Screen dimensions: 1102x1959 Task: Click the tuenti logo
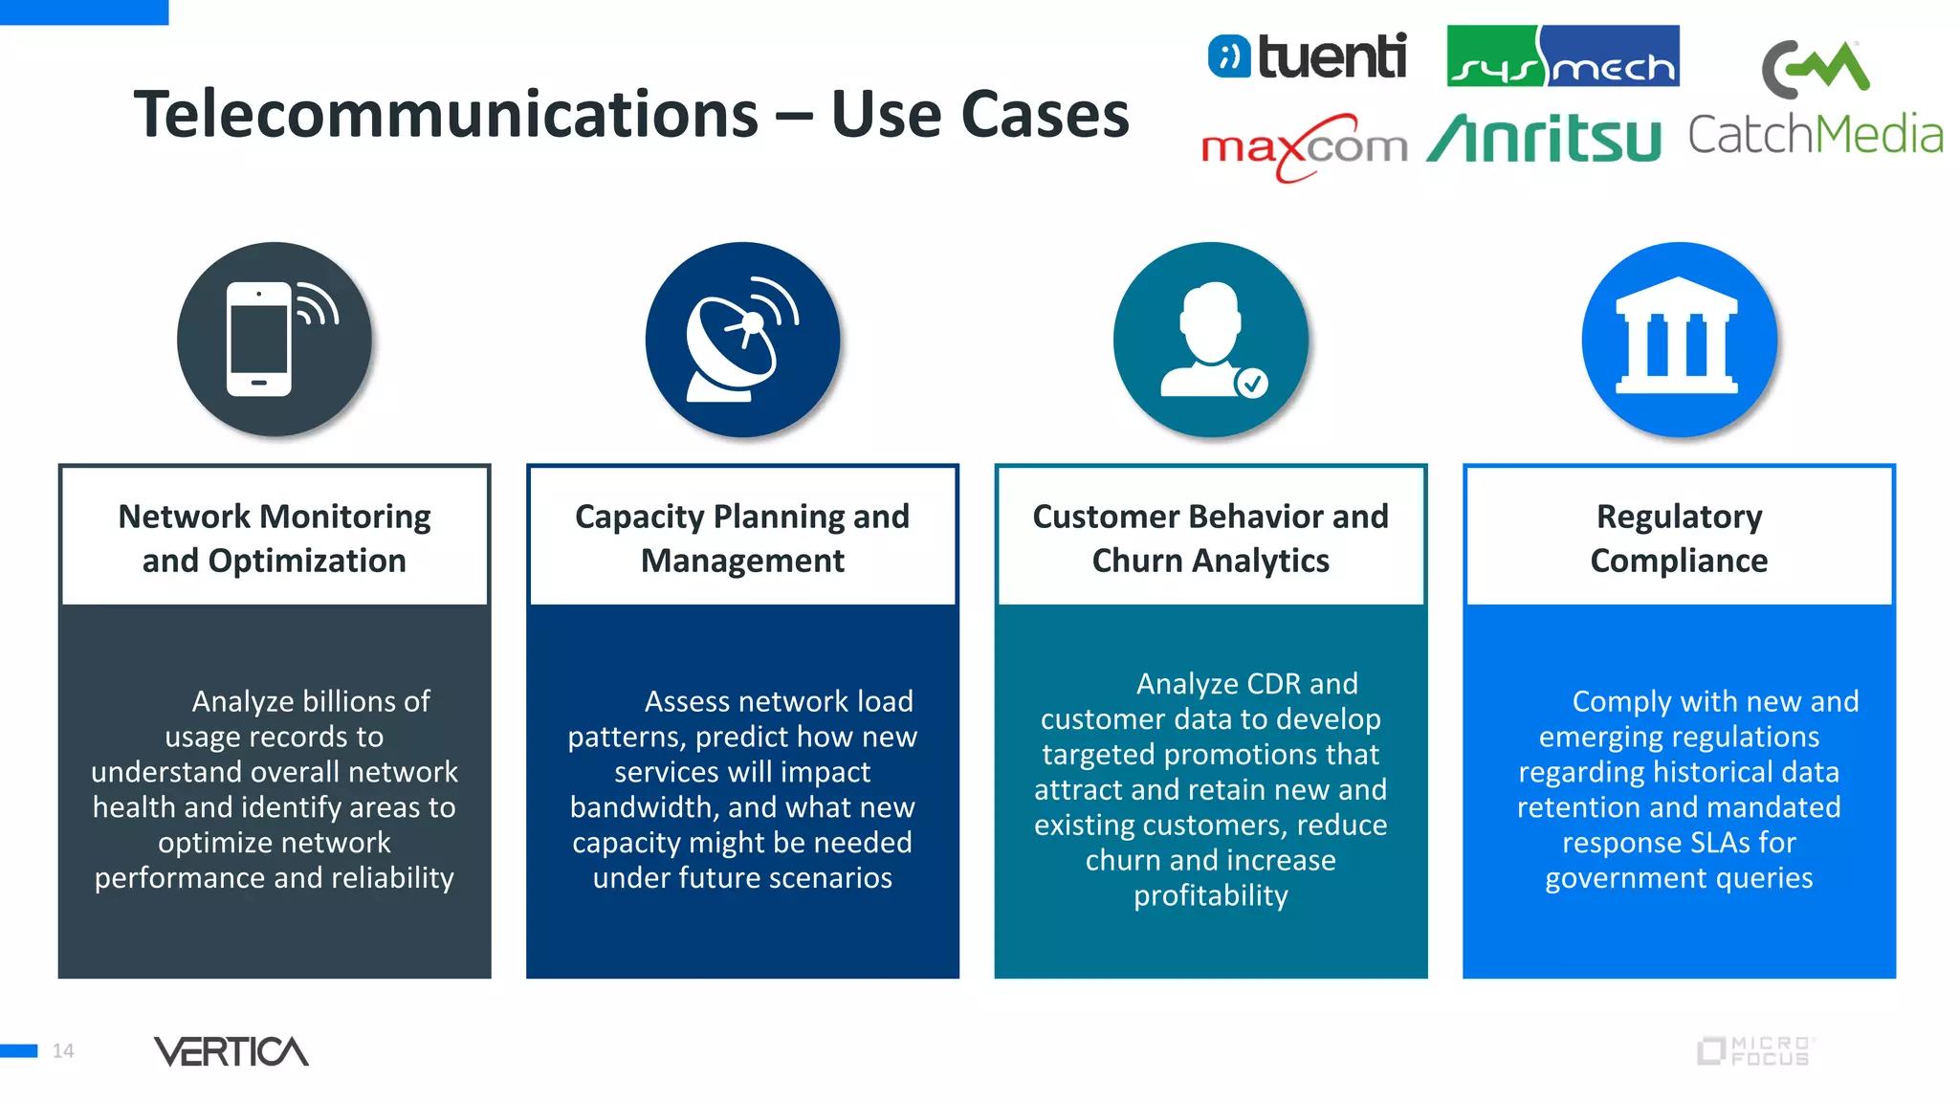click(1307, 55)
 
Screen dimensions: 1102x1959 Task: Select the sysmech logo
click(1562, 56)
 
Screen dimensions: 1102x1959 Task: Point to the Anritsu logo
click(1544, 140)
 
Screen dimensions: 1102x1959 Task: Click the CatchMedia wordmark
click(1815, 135)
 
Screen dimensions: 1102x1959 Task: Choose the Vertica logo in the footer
click(231, 1051)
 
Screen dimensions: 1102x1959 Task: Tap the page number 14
click(63, 1051)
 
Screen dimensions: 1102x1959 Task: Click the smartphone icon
click(259, 340)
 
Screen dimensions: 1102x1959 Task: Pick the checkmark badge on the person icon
click(1251, 384)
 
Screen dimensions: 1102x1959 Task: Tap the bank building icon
click(1678, 336)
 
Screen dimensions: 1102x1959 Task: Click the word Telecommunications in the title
click(446, 115)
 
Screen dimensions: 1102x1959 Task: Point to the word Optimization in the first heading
click(306, 561)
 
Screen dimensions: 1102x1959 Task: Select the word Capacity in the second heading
click(639, 517)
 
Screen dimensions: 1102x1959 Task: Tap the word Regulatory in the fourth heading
click(1679, 517)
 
